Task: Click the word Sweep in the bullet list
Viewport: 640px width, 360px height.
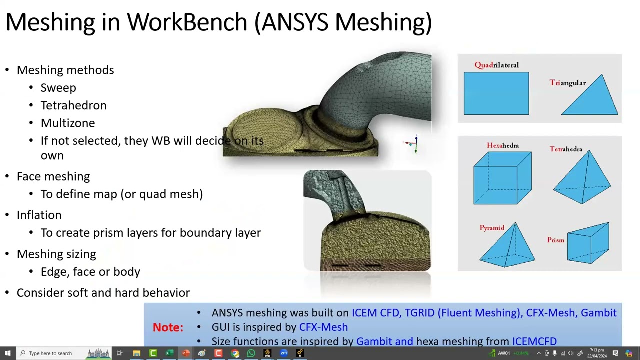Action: [58, 88]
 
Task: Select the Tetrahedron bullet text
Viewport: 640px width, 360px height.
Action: [73, 105]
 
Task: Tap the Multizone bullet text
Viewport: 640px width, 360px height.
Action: [67, 123]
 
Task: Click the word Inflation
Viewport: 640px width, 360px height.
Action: [39, 215]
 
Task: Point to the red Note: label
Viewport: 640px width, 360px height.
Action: [168, 327]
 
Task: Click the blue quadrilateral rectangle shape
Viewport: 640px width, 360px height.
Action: [496, 93]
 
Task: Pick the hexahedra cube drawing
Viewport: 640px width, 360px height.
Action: [502, 178]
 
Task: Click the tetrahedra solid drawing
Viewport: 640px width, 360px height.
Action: [582, 177]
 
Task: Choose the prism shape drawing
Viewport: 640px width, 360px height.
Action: [588, 243]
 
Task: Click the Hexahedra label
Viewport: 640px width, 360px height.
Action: [502, 145]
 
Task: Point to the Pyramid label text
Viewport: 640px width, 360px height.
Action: [492, 228]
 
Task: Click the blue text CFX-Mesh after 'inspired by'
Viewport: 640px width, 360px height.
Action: [323, 327]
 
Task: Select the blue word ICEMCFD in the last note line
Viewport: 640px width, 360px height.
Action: [534, 341]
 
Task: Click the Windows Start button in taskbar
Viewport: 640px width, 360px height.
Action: [7, 353]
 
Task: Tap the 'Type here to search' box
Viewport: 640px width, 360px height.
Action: [50, 353]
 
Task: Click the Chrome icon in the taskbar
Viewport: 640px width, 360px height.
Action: [235, 353]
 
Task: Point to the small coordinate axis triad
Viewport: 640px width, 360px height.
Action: [412, 144]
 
